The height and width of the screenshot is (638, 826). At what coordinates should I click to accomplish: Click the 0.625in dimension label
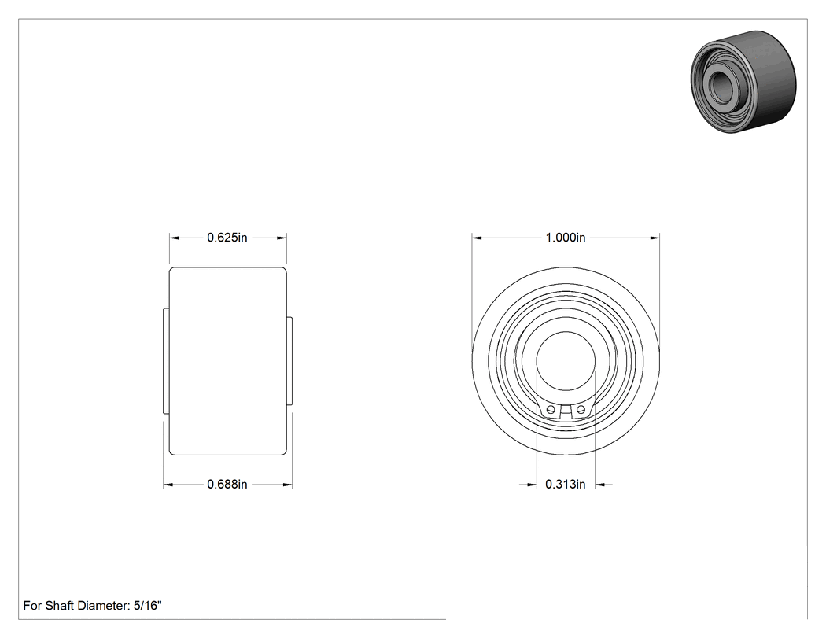tap(227, 238)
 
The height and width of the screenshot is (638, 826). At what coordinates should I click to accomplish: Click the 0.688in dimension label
tap(227, 484)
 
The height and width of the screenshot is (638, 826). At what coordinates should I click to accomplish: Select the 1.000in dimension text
tap(566, 238)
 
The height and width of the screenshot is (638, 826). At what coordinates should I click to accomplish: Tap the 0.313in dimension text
tap(566, 484)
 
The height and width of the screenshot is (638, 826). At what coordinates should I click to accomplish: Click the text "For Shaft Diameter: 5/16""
tap(92, 605)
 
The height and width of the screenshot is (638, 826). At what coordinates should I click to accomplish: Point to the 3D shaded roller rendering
tap(743, 82)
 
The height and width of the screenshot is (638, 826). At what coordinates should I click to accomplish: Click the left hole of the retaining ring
tap(551, 409)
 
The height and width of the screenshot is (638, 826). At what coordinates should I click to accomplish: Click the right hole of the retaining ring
tap(581, 409)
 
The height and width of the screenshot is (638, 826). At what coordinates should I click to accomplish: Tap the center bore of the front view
tap(566, 361)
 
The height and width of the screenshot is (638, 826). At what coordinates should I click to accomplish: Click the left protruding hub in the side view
tap(167, 361)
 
